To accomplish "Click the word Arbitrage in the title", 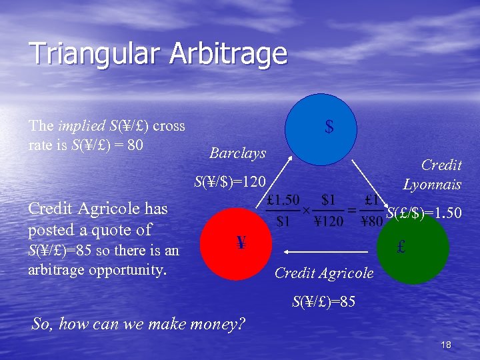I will (228, 53).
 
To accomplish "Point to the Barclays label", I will (237, 153).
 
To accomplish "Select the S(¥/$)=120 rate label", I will (229, 181).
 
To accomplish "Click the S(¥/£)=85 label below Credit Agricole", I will (323, 302).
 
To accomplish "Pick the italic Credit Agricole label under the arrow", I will (324, 273).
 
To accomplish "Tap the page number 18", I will (446, 344).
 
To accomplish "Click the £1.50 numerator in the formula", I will (283, 199).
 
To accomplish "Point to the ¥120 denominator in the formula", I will (328, 223).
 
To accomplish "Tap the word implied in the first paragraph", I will (81, 125).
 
